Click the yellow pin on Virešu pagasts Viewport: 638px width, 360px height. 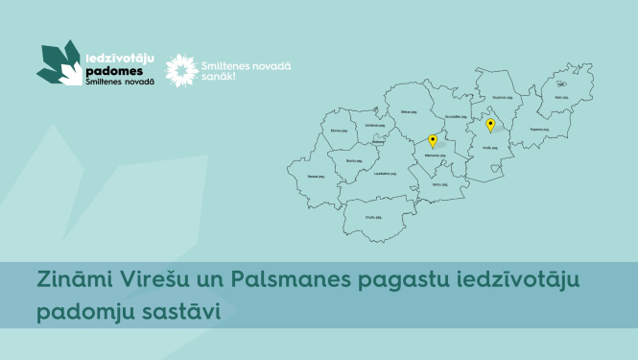490,125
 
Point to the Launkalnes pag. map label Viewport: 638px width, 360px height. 387,173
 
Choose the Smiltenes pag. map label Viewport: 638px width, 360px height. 373,125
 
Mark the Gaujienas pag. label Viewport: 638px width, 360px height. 501,97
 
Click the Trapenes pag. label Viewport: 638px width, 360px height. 538,129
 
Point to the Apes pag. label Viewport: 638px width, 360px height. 562,96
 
